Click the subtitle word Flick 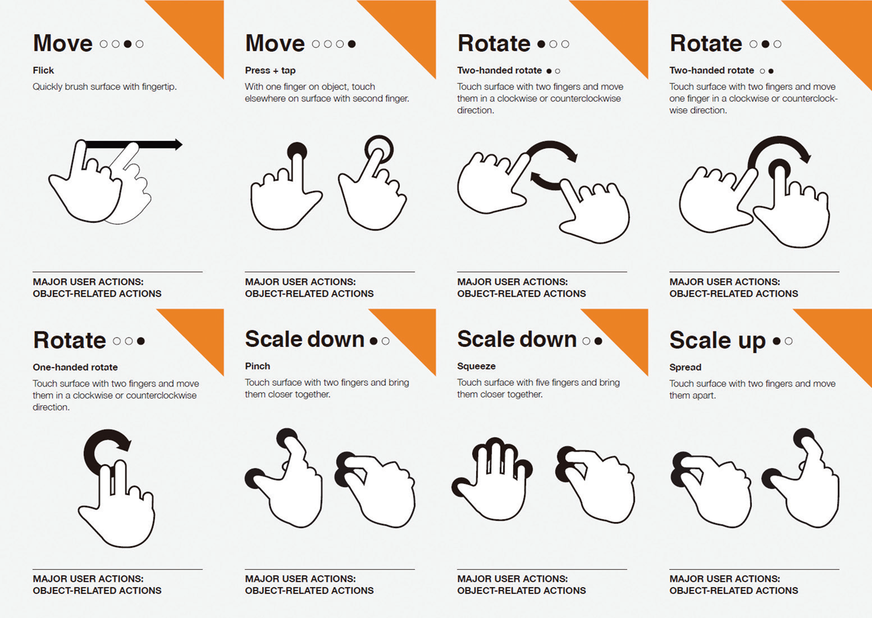(x=43, y=70)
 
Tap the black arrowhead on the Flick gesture (x=178, y=144)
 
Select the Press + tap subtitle (x=270, y=70)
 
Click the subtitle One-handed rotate (x=75, y=367)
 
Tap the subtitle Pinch (x=258, y=366)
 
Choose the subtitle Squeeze (x=476, y=366)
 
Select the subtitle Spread (x=685, y=367)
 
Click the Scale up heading (x=718, y=340)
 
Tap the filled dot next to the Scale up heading (x=777, y=342)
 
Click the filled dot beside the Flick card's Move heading (x=127, y=44)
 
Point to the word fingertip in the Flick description (x=158, y=87)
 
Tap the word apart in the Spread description (x=704, y=396)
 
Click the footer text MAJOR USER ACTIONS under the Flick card (x=88, y=282)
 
